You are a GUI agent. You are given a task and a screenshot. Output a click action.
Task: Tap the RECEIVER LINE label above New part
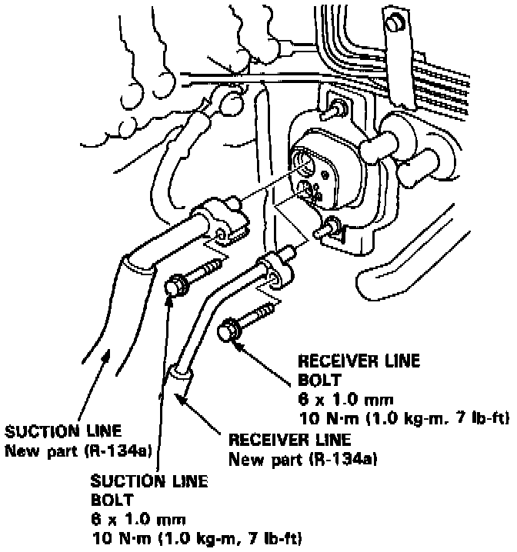[x=290, y=441]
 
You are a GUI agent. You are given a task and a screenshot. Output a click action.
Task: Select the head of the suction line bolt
[x=175, y=285]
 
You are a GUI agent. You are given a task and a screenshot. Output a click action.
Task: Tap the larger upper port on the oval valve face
[x=305, y=163]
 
